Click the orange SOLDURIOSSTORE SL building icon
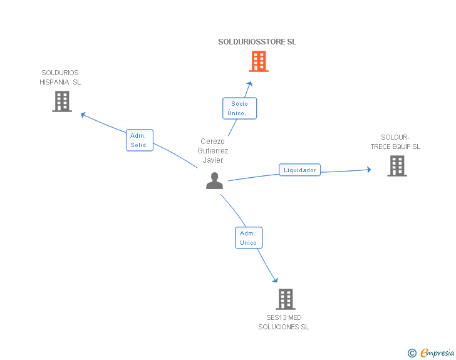click(259, 61)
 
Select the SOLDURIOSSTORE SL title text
click(257, 42)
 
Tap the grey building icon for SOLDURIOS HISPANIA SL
click(62, 101)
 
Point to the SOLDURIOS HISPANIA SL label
click(60, 77)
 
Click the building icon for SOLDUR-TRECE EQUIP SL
click(397, 166)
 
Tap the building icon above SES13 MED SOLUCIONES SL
click(286, 299)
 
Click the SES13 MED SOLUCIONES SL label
click(284, 322)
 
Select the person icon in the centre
click(214, 181)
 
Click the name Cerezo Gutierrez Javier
click(213, 151)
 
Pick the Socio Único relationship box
click(240, 108)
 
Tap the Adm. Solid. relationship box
click(139, 140)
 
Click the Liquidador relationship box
click(299, 170)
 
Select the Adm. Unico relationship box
click(249, 238)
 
